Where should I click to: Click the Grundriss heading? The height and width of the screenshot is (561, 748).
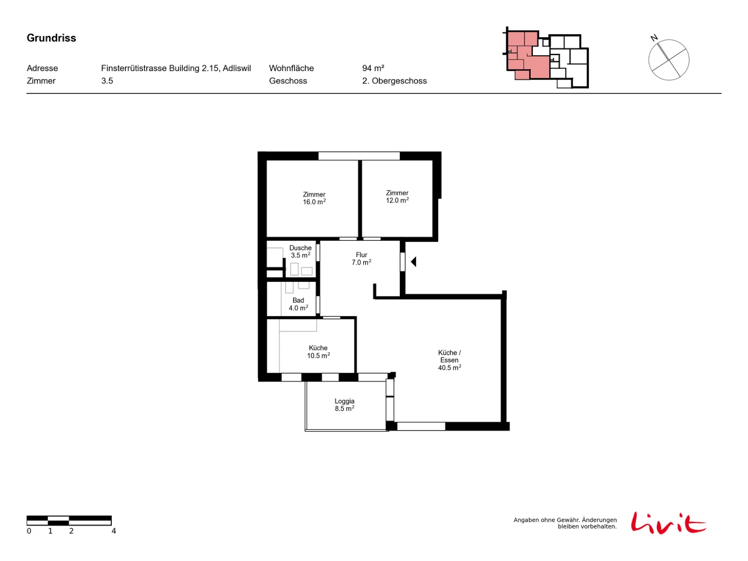tap(51, 38)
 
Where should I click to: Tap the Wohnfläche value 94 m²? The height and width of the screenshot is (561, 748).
tap(373, 68)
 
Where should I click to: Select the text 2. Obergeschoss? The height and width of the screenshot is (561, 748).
tap(394, 81)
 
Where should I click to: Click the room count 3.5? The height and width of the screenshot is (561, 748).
tap(107, 81)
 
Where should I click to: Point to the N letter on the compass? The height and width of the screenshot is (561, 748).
tap(654, 38)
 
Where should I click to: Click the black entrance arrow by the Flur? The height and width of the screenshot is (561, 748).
tap(413, 262)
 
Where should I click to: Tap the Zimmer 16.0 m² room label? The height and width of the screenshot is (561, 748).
tap(314, 198)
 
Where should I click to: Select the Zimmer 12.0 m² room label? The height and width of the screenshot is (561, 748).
tap(397, 196)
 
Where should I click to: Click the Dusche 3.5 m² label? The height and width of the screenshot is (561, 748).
tap(300, 252)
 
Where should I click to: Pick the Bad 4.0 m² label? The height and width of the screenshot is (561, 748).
tap(298, 304)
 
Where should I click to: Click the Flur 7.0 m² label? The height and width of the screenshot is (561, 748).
tap(361, 259)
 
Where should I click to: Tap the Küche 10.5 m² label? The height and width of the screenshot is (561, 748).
tap(318, 352)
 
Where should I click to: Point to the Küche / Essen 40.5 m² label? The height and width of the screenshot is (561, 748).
tap(449, 360)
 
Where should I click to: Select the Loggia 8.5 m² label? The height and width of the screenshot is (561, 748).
tap(344, 405)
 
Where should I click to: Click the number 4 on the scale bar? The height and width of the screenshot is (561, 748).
tap(114, 531)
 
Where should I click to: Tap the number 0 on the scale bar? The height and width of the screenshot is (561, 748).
tap(29, 531)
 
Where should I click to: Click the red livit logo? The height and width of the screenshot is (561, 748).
tap(668, 523)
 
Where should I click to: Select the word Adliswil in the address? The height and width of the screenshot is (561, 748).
tap(237, 68)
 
